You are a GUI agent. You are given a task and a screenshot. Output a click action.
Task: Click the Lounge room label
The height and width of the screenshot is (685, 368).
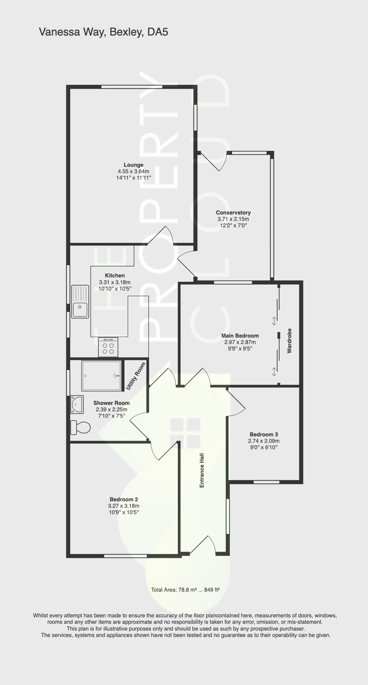pyautogui.click(x=133, y=165)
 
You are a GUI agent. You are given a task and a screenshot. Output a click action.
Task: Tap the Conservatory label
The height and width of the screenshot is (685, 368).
pyautogui.click(x=233, y=213)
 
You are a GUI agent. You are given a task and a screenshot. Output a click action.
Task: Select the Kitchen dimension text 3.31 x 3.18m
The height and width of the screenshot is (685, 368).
pyautogui.click(x=115, y=282)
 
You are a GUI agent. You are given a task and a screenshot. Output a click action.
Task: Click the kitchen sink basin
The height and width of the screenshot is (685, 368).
pyautogui.click(x=80, y=309)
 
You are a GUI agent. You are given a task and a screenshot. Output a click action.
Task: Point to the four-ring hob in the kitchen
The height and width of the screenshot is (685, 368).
pyautogui.click(x=108, y=348)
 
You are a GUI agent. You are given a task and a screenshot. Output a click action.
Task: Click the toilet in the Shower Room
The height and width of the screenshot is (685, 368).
pyautogui.click(x=80, y=427)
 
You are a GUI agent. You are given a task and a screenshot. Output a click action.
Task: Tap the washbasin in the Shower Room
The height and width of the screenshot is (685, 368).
pyautogui.click(x=77, y=404)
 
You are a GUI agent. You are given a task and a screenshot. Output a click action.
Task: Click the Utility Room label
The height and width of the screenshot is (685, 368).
pyautogui.click(x=136, y=376)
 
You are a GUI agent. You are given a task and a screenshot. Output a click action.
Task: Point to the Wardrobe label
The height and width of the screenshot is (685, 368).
pyautogui.click(x=289, y=341)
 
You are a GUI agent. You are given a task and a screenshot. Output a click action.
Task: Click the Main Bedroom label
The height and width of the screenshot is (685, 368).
pyautogui.click(x=240, y=336)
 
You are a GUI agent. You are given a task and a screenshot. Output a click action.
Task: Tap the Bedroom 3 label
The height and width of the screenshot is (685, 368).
pyautogui.click(x=263, y=434)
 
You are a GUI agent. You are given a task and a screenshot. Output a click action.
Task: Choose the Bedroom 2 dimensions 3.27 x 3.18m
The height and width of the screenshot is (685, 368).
pyautogui.click(x=123, y=506)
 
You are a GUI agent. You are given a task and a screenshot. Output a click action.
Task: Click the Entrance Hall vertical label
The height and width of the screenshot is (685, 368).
pyautogui.click(x=202, y=470)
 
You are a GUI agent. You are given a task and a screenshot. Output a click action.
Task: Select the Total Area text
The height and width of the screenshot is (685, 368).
pyautogui.click(x=185, y=590)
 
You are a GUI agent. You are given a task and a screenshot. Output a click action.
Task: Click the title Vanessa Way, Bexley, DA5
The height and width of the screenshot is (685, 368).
pyautogui.click(x=103, y=32)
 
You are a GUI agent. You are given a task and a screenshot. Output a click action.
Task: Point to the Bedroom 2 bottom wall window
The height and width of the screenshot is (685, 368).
pyautogui.click(x=125, y=556)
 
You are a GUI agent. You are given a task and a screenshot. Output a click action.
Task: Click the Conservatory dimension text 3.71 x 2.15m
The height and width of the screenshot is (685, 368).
pyautogui.click(x=233, y=219)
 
